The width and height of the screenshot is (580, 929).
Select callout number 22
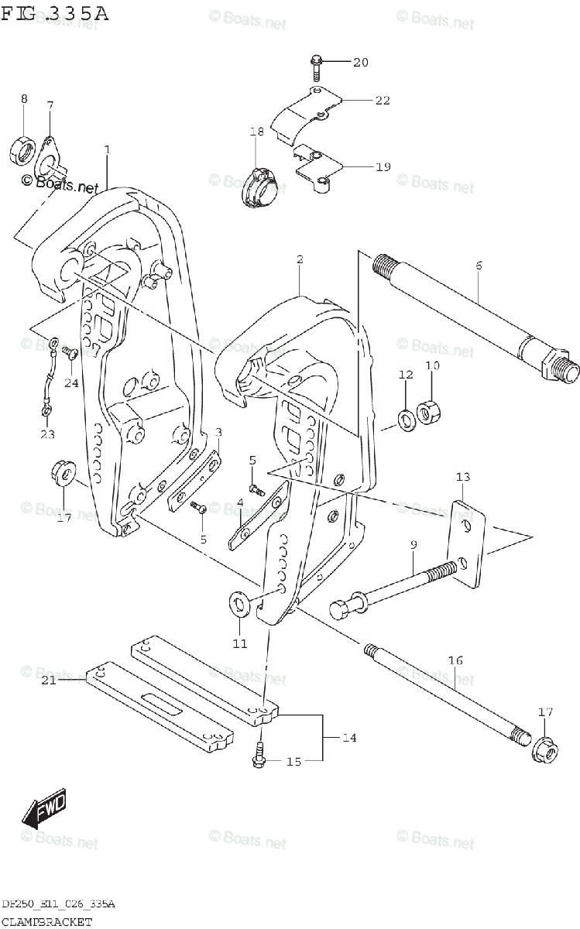click(x=383, y=101)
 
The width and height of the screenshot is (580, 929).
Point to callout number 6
click(x=479, y=266)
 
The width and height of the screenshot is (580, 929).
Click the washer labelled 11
click(x=239, y=603)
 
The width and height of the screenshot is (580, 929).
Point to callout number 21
click(x=49, y=680)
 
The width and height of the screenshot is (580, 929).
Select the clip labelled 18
click(x=256, y=187)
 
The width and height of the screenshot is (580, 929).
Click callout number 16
click(x=455, y=660)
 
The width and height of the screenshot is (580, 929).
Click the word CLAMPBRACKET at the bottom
click(x=46, y=921)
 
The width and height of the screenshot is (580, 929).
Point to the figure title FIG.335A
click(x=54, y=13)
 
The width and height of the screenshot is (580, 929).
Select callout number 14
click(x=348, y=738)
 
